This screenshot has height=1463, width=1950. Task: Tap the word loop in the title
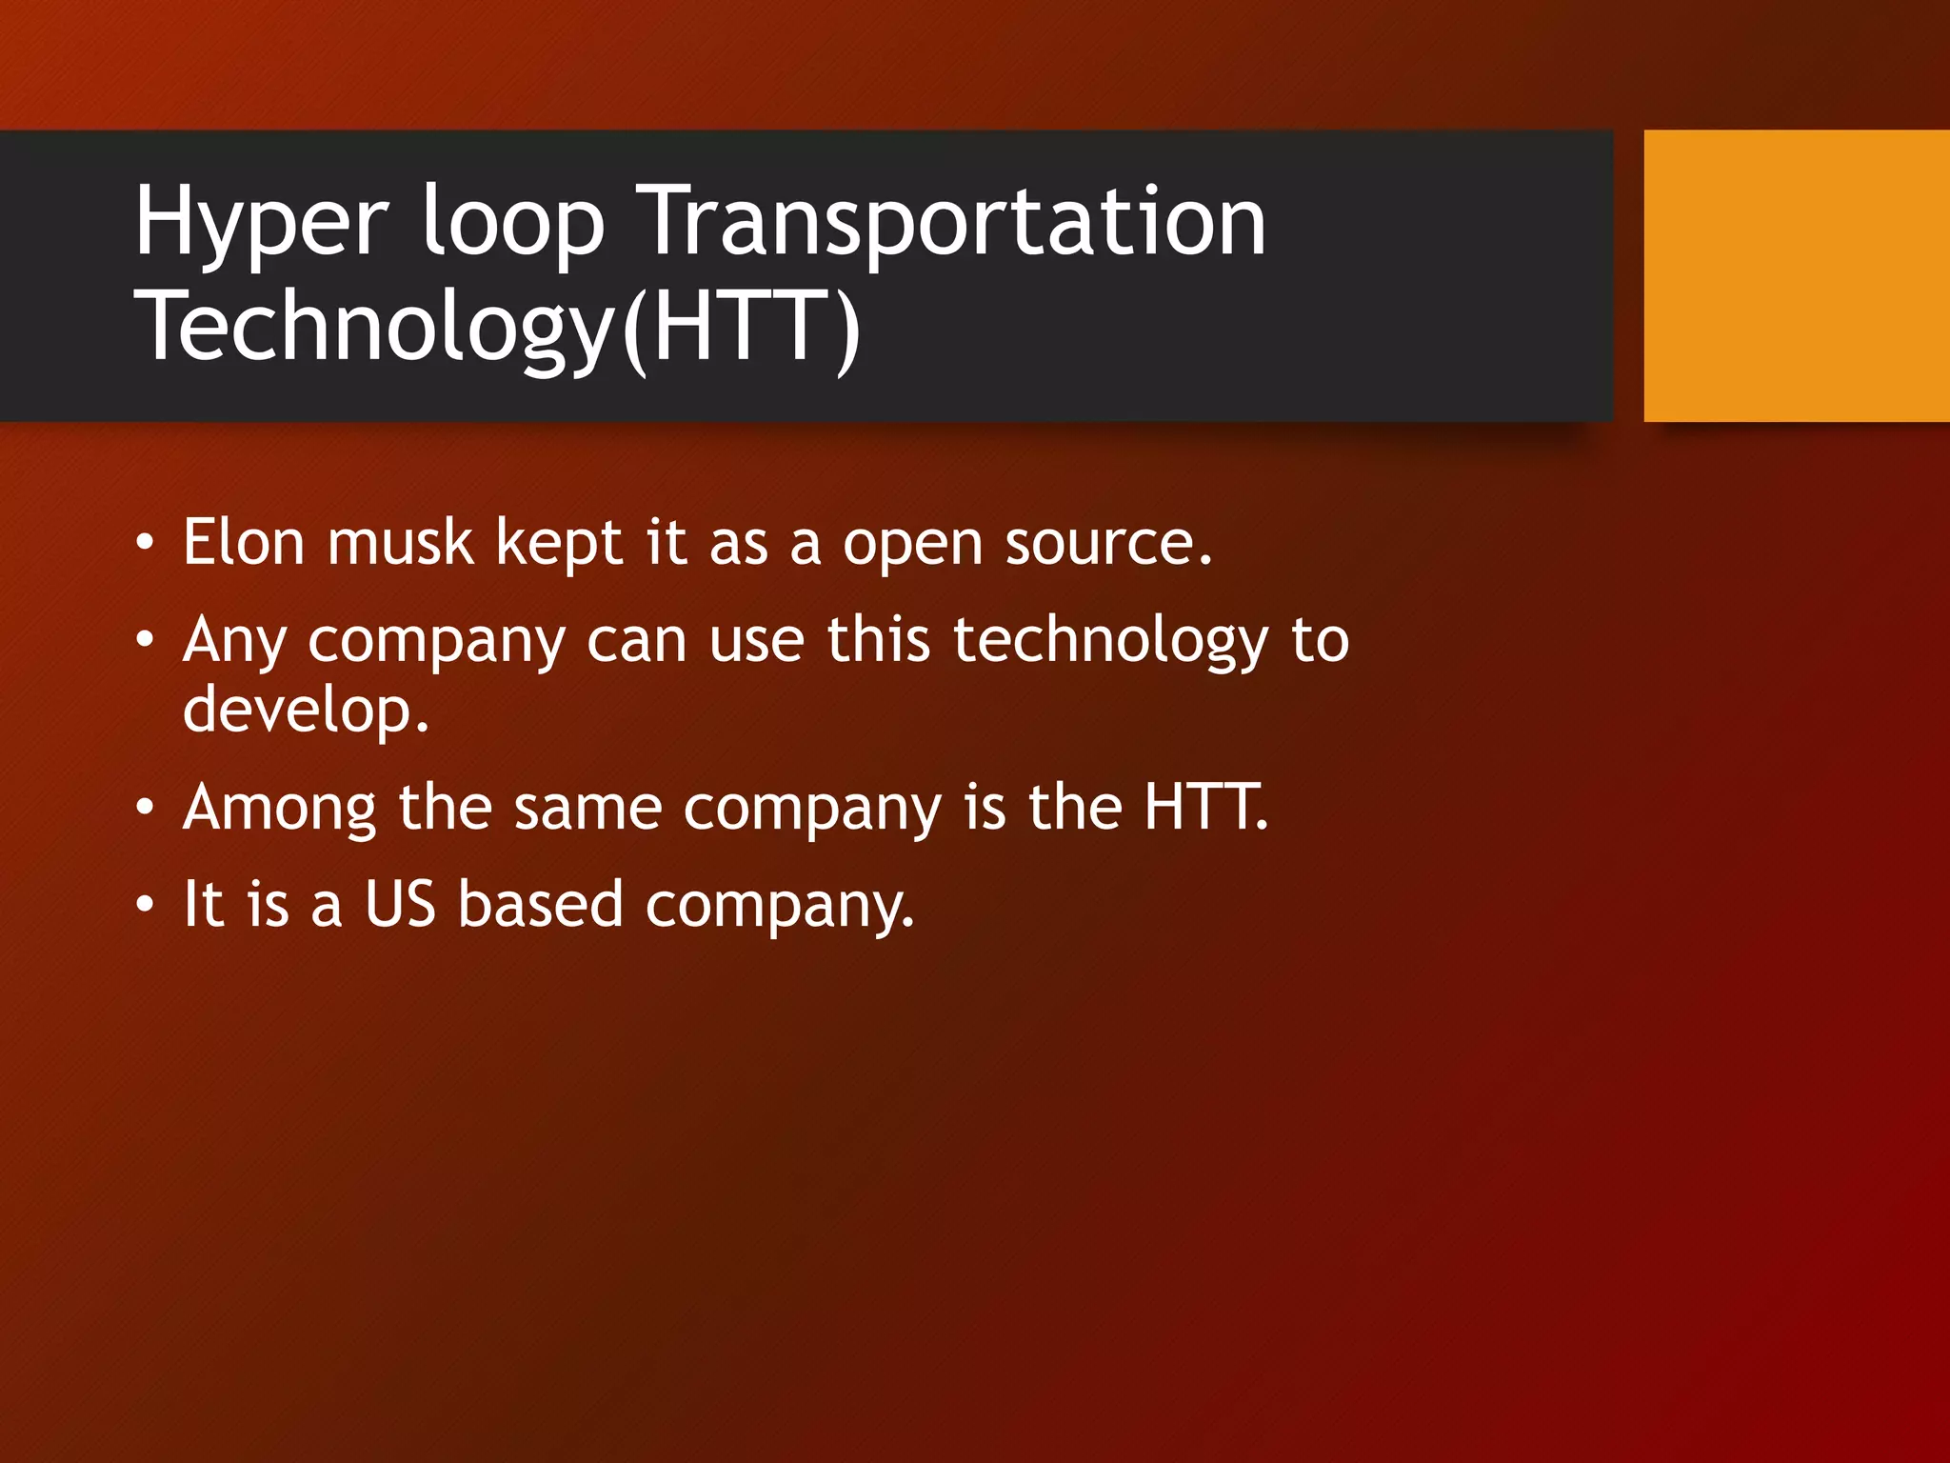[x=512, y=221]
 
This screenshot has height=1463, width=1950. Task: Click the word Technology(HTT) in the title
[x=497, y=328]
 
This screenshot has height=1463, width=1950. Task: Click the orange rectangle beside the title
[x=1796, y=276]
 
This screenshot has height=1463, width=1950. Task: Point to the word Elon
[x=243, y=542]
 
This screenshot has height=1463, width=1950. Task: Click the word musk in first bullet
[x=400, y=542]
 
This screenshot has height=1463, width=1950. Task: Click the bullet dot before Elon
[x=144, y=544]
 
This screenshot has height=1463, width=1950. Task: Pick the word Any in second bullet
[x=234, y=642]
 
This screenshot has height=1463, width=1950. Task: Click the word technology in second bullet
[x=1110, y=642]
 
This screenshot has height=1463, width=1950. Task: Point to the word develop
[x=305, y=711]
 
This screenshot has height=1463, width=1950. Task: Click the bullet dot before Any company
[x=144, y=640]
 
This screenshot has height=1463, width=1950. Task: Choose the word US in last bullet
[x=400, y=904]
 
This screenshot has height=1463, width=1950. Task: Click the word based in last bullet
[x=540, y=904]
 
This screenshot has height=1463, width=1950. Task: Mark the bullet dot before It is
[x=144, y=904]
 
